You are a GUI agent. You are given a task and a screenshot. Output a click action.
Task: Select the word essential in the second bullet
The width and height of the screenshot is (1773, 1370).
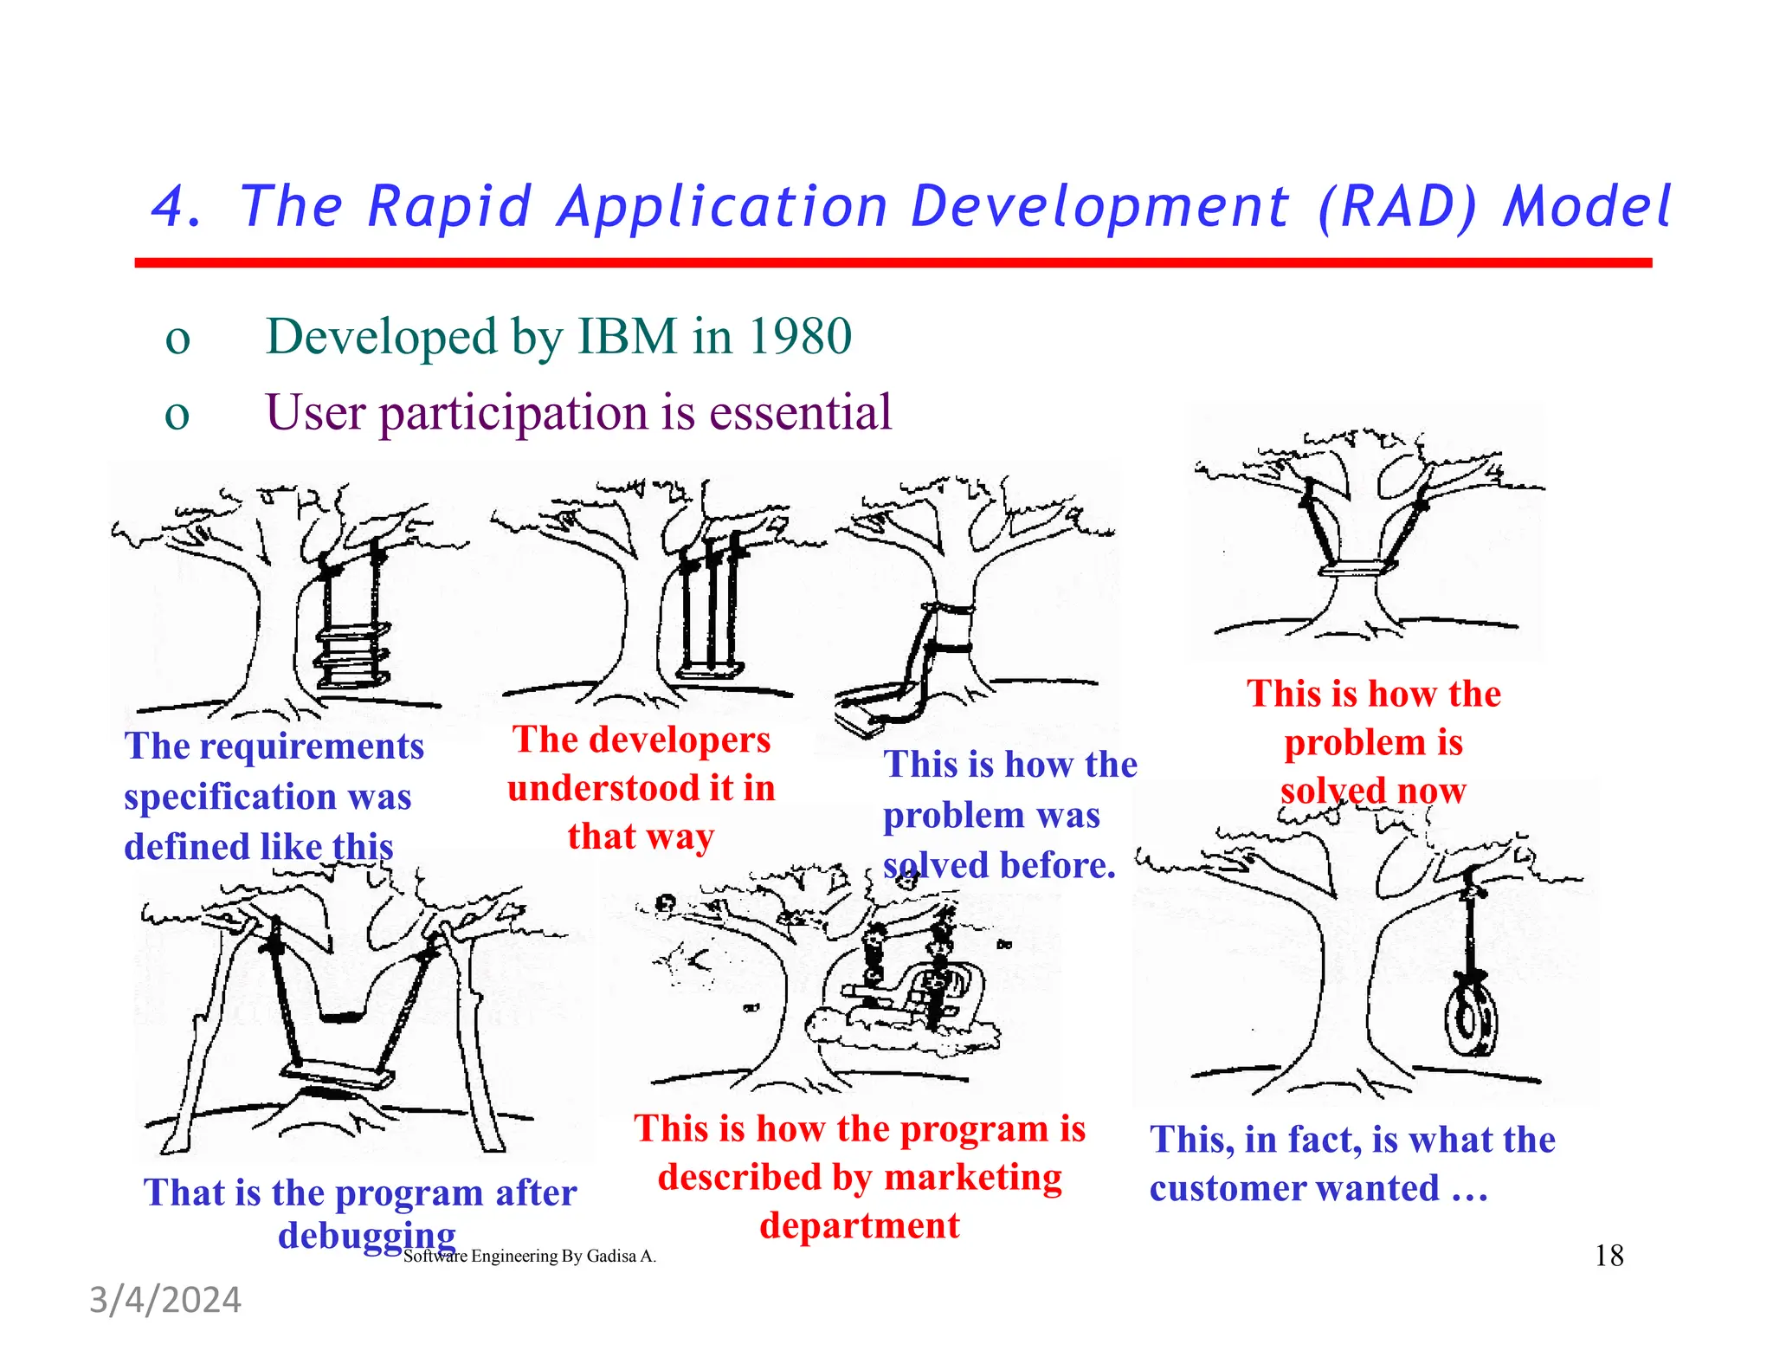coord(800,412)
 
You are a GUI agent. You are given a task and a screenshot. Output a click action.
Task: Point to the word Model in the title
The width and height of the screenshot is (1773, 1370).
coord(1587,208)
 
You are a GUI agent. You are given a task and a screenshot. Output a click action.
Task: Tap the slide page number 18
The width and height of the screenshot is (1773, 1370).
coord(1609,1255)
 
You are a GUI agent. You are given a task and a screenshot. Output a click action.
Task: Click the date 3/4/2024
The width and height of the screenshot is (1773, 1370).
coord(165,1300)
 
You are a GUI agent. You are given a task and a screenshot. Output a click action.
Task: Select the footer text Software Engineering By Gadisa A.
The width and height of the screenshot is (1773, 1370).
coord(530,1256)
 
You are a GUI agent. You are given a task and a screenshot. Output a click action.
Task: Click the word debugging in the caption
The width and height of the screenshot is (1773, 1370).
coord(366,1235)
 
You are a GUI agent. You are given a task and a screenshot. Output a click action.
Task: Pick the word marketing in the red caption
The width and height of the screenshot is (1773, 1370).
coord(973,1177)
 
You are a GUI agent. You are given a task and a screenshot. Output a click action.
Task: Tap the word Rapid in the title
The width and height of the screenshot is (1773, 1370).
coord(448,208)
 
